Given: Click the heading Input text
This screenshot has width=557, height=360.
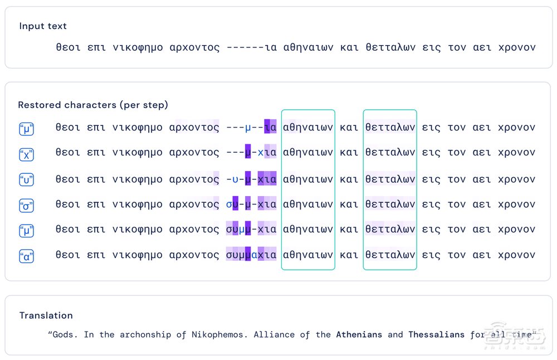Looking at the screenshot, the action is tap(43, 26).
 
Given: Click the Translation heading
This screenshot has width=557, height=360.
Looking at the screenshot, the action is tap(46, 315).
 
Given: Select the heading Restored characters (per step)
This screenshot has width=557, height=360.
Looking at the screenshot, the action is tap(93, 105).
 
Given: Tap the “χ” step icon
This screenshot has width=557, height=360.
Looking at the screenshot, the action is tap(26, 154).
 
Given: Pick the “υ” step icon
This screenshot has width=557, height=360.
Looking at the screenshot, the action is tap(26, 180).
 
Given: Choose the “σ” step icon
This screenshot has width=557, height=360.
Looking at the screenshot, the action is tap(26, 206).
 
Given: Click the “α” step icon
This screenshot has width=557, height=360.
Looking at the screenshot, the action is tap(26, 256).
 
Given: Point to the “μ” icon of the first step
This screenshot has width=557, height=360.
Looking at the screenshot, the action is tap(26, 129).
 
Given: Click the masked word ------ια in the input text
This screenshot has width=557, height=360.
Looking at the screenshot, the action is tap(252, 47).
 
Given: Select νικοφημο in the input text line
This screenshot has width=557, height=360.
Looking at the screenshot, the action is tap(138, 47).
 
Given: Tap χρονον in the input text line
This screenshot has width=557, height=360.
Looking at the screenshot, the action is tap(517, 47).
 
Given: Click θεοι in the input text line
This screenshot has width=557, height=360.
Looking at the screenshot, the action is tap(68, 47).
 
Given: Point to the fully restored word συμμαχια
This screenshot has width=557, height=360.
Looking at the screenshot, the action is tap(251, 255).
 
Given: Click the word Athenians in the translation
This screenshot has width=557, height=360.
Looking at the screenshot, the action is tap(359, 334).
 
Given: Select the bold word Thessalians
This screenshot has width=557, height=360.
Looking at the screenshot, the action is tap(437, 334).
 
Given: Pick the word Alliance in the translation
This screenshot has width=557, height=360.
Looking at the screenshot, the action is tap(274, 334).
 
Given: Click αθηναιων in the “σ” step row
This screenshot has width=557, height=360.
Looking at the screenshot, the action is tap(308, 205).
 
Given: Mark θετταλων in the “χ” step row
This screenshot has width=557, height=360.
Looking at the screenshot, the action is tap(390, 152).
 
